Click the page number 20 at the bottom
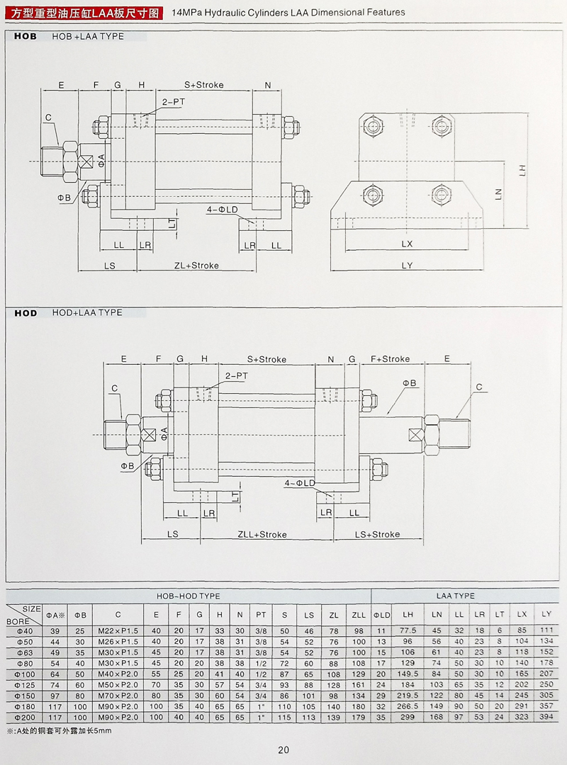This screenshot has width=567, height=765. (283, 750)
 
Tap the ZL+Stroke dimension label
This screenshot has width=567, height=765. (196, 266)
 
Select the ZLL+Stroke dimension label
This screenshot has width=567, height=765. (262, 534)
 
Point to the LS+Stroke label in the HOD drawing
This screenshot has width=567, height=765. (377, 534)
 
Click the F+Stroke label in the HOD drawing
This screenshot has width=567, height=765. (390, 359)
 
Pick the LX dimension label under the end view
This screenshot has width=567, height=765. (407, 244)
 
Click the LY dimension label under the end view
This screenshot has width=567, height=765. (407, 266)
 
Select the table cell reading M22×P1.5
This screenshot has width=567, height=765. (118, 630)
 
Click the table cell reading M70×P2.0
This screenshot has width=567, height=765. (118, 696)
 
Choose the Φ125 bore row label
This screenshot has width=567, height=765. (25, 685)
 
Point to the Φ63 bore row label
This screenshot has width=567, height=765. (25, 652)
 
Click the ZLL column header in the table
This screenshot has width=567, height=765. (359, 614)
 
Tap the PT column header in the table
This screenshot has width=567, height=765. (261, 614)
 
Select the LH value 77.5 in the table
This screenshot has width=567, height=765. (408, 630)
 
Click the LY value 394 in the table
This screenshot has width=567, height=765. (546, 718)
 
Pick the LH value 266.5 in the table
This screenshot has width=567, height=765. (408, 707)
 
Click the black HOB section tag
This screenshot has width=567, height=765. (26, 36)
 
